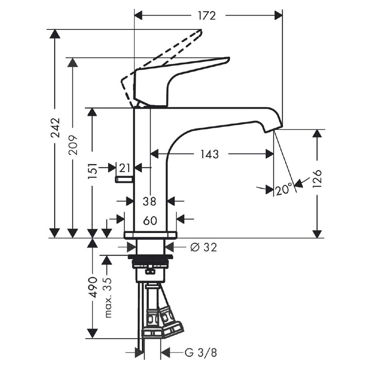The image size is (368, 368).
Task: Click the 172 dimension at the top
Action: click(x=207, y=16)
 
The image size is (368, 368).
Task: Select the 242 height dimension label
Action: click(x=55, y=128)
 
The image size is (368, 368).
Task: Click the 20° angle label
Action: click(x=284, y=190)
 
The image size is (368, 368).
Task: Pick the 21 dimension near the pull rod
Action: click(x=125, y=167)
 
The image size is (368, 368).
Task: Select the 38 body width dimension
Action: click(x=150, y=201)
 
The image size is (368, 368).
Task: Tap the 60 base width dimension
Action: click(x=150, y=220)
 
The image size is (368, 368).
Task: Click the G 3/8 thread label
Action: click(x=200, y=353)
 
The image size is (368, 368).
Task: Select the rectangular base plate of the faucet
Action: click(x=150, y=235)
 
